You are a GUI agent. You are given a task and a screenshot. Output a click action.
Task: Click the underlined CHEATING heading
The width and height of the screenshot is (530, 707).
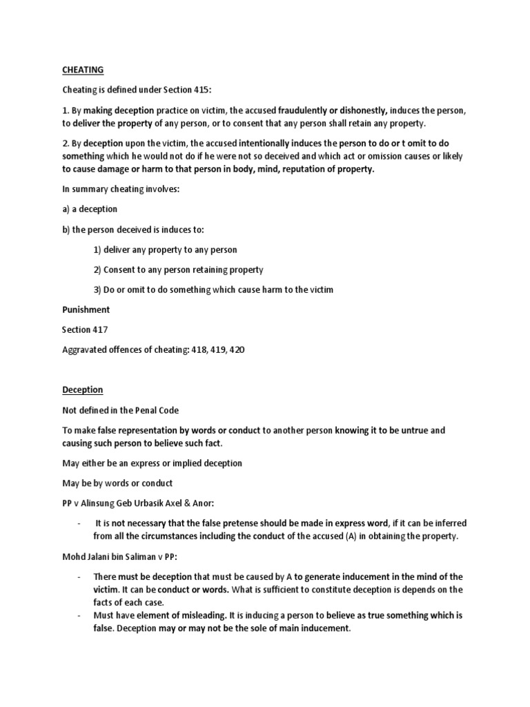[77, 70]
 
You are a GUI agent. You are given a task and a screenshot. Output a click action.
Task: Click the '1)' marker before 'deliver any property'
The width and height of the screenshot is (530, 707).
[97, 249]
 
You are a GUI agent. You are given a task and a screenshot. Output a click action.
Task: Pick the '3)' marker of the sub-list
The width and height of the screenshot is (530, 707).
[97, 289]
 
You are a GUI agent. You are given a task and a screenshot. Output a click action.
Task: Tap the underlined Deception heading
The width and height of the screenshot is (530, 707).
[78, 390]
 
